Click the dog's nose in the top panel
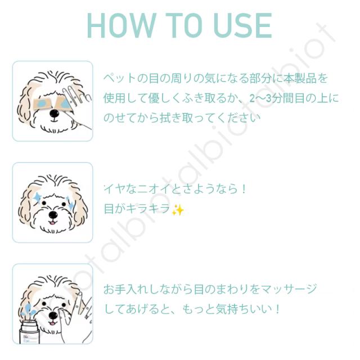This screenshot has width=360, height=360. pos(55,114)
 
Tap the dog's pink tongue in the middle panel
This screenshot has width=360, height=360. pos(53,223)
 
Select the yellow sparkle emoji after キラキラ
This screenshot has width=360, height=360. pos(178,210)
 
